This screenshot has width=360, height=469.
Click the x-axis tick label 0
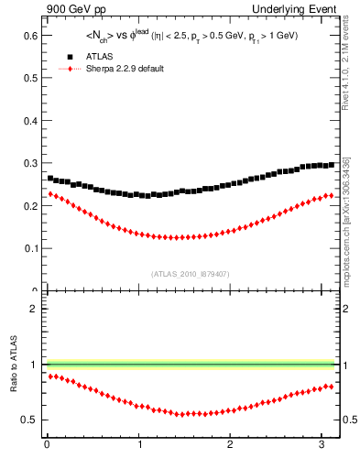[x=47, y=446]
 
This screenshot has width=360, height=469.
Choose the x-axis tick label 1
[x=139, y=446]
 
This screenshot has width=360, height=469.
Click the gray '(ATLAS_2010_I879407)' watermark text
[x=190, y=273]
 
